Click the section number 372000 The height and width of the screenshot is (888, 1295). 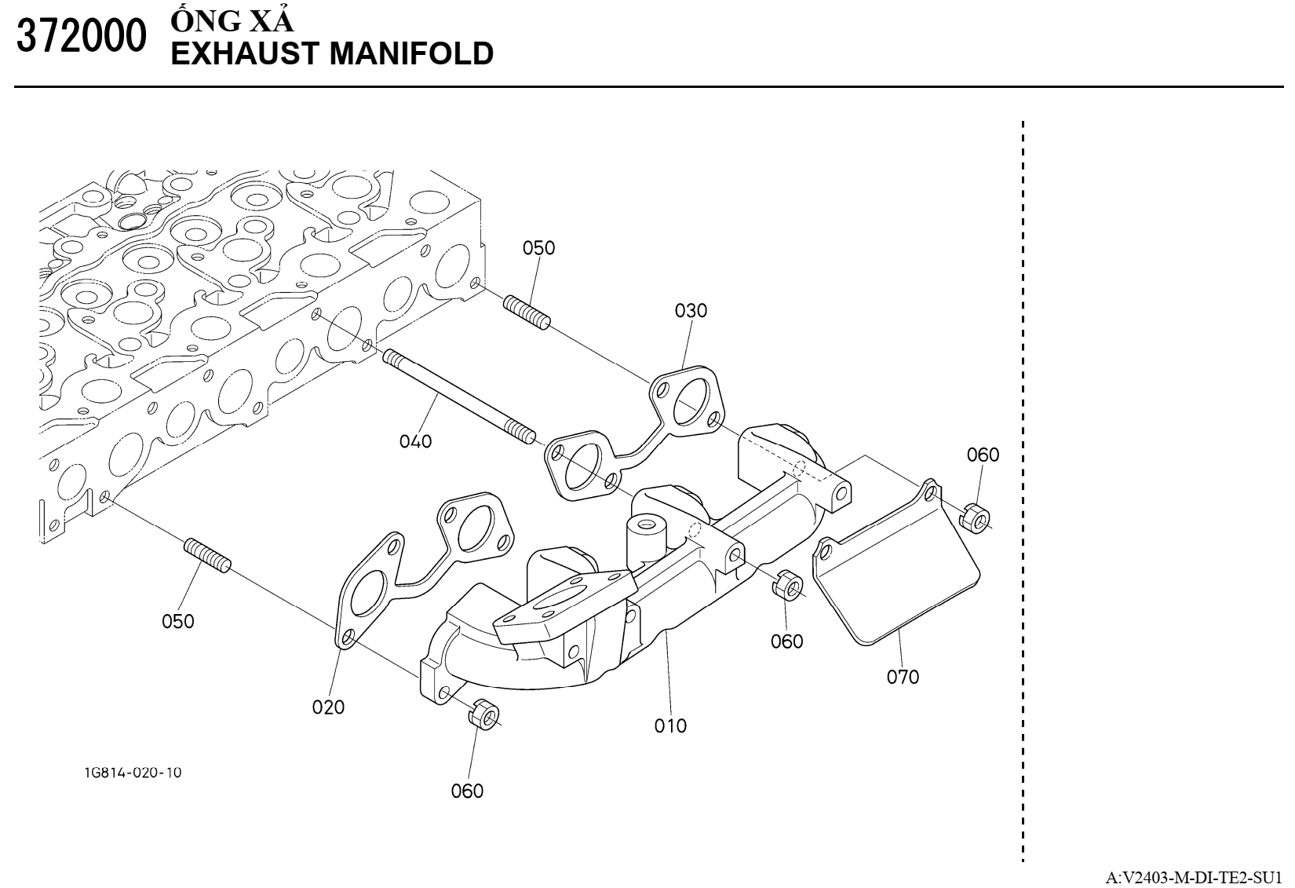(x=81, y=36)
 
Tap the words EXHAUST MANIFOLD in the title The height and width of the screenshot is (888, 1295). (x=332, y=53)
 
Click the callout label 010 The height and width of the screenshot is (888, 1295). (x=670, y=725)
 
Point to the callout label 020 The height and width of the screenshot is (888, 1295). (x=328, y=707)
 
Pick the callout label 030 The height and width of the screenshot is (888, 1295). (x=691, y=311)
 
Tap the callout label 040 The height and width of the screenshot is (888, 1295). (x=415, y=441)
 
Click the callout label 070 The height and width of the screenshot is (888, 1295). (x=903, y=677)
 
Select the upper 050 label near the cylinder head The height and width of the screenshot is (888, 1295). (x=538, y=248)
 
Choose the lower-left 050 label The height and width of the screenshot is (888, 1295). (x=177, y=621)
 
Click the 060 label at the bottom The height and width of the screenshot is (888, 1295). (x=467, y=791)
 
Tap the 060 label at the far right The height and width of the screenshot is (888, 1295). (x=983, y=455)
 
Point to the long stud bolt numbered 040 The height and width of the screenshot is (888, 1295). (x=459, y=396)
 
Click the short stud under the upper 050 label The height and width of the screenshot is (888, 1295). (x=526, y=312)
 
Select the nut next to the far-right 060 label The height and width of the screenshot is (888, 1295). (x=975, y=517)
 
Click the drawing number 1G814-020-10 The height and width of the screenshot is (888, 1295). (x=133, y=773)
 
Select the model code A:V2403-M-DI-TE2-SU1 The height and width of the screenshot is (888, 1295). (x=1198, y=877)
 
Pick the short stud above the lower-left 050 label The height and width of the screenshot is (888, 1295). (x=207, y=554)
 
